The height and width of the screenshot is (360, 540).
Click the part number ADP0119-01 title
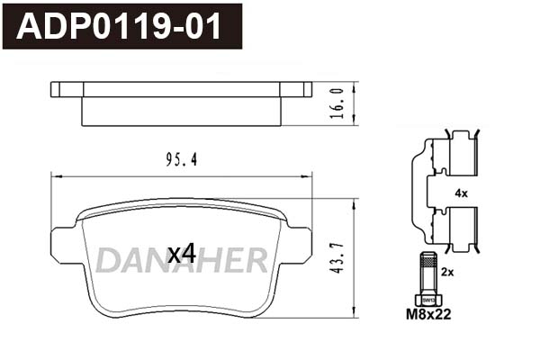(119, 27)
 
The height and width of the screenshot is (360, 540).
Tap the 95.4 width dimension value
(182, 159)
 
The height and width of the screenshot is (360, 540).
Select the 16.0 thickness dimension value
(337, 103)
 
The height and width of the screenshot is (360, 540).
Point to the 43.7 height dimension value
(337, 258)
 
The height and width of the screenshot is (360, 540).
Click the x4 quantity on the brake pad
(182, 254)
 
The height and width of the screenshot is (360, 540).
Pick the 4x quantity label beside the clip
(461, 193)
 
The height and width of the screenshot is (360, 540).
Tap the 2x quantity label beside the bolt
(447, 272)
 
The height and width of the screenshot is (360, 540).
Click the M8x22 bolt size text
(428, 314)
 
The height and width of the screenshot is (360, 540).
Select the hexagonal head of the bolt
(427, 300)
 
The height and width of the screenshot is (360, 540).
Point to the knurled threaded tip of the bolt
(427, 259)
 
